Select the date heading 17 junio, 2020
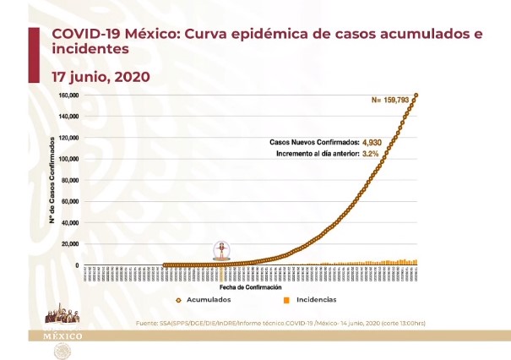point(101,76)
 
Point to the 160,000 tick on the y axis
point(68,95)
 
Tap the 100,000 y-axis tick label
point(68,159)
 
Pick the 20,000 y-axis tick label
point(70,244)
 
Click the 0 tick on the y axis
point(77,265)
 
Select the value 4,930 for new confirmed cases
point(372,144)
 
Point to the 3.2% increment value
point(372,155)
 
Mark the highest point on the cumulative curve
point(416,95)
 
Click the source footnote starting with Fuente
point(286,323)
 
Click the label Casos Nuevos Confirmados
point(314,144)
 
